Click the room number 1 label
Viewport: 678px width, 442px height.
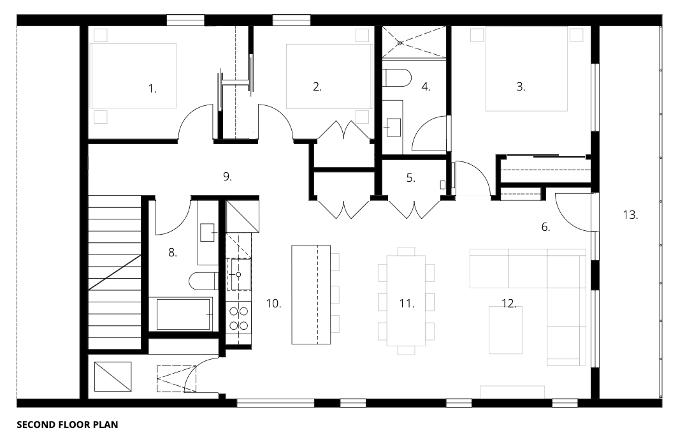click(x=152, y=89)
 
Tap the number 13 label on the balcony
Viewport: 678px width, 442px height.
click(x=630, y=215)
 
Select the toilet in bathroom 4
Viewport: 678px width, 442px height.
click(x=397, y=77)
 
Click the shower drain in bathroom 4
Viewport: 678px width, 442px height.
click(x=400, y=43)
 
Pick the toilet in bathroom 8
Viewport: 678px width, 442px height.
click(x=203, y=281)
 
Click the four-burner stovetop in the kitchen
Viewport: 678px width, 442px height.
click(x=239, y=318)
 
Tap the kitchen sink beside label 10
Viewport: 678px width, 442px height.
click(x=240, y=274)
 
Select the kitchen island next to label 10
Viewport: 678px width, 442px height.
click(x=311, y=295)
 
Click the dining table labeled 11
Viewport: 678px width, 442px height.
click(x=406, y=300)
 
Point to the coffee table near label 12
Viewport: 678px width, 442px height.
click(x=505, y=330)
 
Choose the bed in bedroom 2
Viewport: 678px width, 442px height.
click(x=329, y=76)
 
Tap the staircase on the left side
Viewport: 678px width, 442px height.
click(x=115, y=272)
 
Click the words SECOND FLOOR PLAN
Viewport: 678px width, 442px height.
click(x=68, y=425)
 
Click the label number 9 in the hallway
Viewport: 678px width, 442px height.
click(x=227, y=177)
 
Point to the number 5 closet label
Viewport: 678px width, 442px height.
click(x=411, y=178)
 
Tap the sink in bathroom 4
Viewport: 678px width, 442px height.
click(x=393, y=127)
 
